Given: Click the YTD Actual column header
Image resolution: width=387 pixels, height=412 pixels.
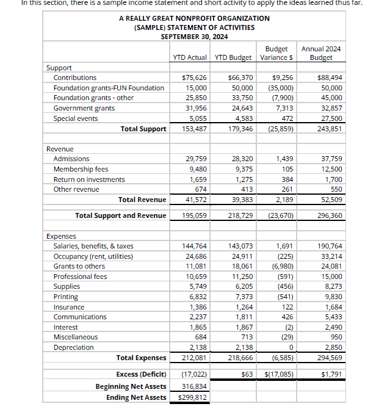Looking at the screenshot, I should [x=189, y=57].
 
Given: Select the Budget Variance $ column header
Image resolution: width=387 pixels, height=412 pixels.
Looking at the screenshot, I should [x=277, y=53].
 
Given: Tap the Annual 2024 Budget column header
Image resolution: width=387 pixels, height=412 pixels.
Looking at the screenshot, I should [x=321, y=53].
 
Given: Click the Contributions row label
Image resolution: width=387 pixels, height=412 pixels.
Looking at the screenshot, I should [x=74, y=78].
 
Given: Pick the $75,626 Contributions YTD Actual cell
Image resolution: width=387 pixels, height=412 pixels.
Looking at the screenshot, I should [x=195, y=78].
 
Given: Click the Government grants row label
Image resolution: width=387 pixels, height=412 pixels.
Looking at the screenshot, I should [x=84, y=108].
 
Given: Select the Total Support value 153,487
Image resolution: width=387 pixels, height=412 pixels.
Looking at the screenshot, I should [x=195, y=129].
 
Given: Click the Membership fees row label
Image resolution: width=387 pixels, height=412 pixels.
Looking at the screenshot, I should [x=81, y=169].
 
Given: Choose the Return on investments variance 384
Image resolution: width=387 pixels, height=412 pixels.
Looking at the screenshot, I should [x=287, y=179].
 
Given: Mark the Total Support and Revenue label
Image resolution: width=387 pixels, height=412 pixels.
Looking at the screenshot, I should [x=120, y=215].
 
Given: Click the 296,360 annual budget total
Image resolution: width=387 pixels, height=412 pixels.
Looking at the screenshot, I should [x=330, y=215].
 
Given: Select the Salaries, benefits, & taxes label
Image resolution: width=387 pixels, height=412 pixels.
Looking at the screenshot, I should [x=93, y=246].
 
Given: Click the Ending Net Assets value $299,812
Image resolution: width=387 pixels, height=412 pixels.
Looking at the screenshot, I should [x=192, y=397].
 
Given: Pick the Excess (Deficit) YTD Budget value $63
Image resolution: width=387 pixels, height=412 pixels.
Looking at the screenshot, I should [x=247, y=374].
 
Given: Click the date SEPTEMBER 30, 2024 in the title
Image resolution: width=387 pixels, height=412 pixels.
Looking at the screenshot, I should [x=194, y=37].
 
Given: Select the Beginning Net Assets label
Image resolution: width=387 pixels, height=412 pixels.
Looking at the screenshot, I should [x=131, y=386].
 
